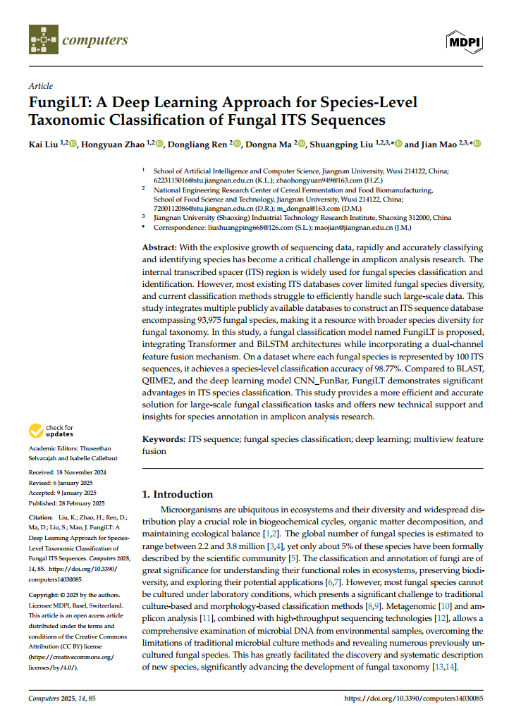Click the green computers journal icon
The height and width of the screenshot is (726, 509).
click(42, 40)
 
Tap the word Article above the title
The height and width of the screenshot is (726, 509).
click(40, 86)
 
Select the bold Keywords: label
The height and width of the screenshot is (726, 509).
click(164, 439)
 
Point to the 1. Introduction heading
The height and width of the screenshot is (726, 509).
click(178, 494)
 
